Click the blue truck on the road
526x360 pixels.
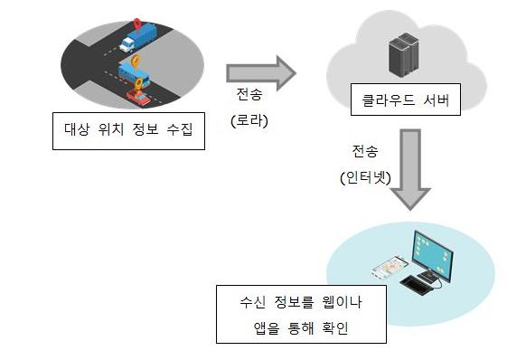(x=138, y=38)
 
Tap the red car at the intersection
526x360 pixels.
(x=138, y=97)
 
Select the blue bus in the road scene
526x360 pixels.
(x=134, y=76)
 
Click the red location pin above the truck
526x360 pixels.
(x=136, y=24)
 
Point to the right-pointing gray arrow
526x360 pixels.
(x=261, y=73)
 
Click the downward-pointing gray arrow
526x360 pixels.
(x=410, y=169)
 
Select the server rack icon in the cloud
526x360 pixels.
(x=404, y=55)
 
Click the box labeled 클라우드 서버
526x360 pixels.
(x=406, y=99)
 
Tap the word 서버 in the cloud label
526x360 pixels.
(x=436, y=100)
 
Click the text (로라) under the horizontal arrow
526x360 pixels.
(x=249, y=121)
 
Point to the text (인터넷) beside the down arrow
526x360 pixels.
(x=365, y=177)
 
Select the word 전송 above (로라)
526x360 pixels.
(x=249, y=94)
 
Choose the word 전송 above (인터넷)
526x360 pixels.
(x=365, y=151)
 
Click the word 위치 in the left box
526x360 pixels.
(x=111, y=129)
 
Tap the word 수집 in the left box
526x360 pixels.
(x=180, y=129)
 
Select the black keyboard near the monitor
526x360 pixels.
(x=417, y=286)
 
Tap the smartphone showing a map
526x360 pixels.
(x=390, y=267)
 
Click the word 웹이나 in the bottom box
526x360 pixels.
(x=342, y=302)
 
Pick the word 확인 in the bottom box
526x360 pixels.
(x=334, y=328)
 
